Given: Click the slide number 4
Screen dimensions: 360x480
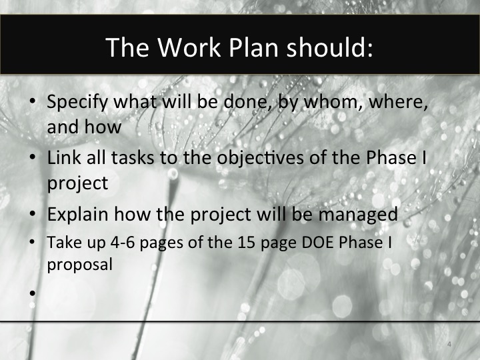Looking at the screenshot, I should [x=449, y=344].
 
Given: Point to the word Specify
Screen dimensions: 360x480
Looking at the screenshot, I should [x=79, y=105].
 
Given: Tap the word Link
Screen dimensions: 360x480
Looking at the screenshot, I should [x=63, y=160].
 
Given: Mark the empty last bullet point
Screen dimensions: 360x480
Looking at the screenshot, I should [x=33, y=291].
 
